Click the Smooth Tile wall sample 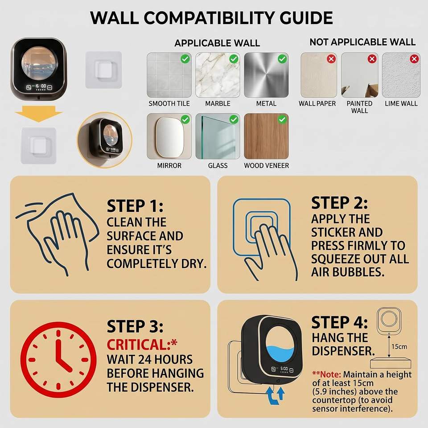click(x=169, y=75)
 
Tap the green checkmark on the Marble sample click(x=234, y=59)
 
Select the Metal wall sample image click(x=266, y=75)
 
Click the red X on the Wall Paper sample click(x=331, y=59)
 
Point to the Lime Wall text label click(x=401, y=104)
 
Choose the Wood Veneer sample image click(x=266, y=136)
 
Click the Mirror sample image click(x=169, y=136)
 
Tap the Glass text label click(x=218, y=166)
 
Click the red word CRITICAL click(x=139, y=345)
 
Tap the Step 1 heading click(x=135, y=206)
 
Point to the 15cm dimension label click(x=399, y=347)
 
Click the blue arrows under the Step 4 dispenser click(x=275, y=395)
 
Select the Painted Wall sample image click(x=359, y=75)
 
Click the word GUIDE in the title click(x=306, y=18)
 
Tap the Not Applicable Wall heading click(x=362, y=42)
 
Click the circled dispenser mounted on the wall click(x=104, y=140)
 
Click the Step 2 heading click(x=339, y=203)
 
